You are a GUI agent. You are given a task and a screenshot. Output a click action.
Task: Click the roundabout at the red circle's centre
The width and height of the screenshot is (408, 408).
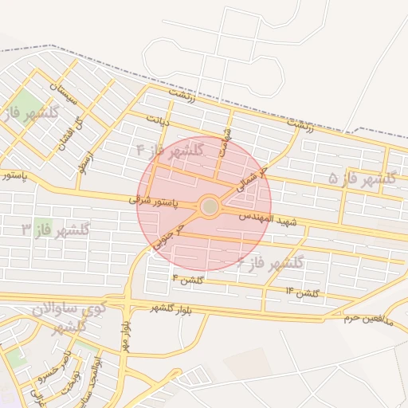coord(210,206)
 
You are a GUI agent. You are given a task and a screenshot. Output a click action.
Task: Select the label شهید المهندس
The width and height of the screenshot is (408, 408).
coord(268,218)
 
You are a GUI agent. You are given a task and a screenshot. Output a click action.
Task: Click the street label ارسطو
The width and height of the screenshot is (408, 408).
coord(88,163)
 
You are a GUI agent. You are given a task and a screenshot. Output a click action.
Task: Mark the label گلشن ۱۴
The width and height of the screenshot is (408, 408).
coord(303,292)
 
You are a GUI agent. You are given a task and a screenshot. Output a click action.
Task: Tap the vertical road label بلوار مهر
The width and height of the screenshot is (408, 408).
coord(125,335)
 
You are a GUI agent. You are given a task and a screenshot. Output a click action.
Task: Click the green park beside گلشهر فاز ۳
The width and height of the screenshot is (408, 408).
coord(42,227)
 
